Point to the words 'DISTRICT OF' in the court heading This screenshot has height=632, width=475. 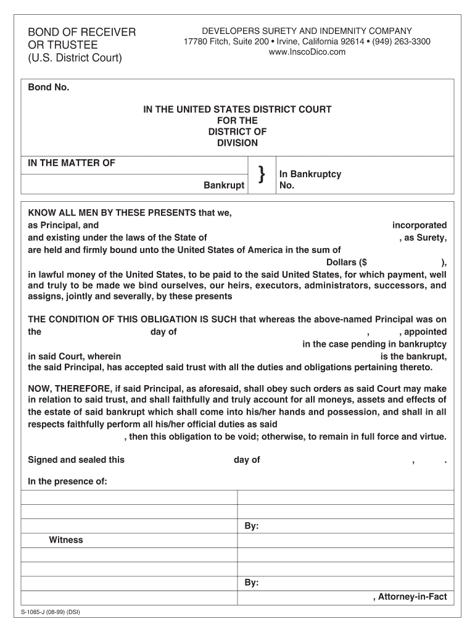[x=238, y=131]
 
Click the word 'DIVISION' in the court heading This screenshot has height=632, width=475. [x=238, y=143]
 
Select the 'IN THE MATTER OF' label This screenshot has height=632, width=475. [x=72, y=163]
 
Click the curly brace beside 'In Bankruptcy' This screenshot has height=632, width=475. [x=262, y=176]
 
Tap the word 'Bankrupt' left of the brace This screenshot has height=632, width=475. [x=224, y=185]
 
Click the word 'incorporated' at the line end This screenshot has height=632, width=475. [x=419, y=225]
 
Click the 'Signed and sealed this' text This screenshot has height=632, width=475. [x=76, y=460]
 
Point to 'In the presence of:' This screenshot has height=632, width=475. [x=68, y=481]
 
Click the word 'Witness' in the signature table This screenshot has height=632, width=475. [x=66, y=540]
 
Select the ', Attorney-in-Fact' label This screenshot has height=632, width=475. [x=410, y=597]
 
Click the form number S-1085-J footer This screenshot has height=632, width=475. [x=51, y=613]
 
